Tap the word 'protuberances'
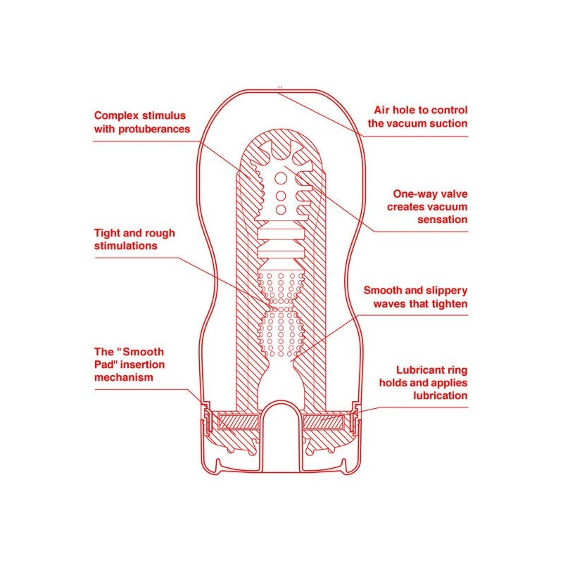point(154,129)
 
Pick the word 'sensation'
point(443,220)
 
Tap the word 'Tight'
point(107,234)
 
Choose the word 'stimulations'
point(126,246)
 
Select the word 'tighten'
point(450,304)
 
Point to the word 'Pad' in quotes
point(104,365)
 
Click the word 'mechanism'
point(124,377)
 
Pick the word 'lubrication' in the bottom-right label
point(441,396)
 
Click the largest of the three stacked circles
point(280,178)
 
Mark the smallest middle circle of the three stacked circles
point(281,196)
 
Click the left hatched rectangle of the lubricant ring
point(239,422)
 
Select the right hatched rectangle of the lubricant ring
point(324,422)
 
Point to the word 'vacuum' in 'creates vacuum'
point(446,207)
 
